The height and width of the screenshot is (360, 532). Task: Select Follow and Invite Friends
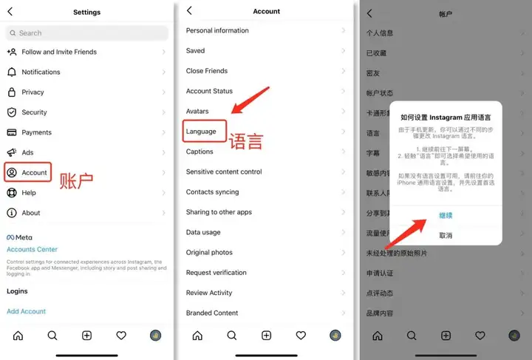[x=59, y=52]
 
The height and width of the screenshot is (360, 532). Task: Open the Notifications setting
[x=41, y=72]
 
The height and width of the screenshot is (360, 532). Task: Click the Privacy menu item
[x=33, y=92]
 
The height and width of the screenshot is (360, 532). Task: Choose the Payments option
[x=36, y=132]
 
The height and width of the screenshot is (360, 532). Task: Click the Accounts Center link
[x=32, y=249]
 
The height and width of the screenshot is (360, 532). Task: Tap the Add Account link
[x=26, y=311]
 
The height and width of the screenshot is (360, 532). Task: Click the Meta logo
[x=19, y=237]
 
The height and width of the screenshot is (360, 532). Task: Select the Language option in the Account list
[x=202, y=132]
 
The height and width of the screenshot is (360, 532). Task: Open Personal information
[x=217, y=31]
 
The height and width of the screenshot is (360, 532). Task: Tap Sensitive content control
[x=224, y=171]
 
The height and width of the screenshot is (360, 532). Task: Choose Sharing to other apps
[x=219, y=212]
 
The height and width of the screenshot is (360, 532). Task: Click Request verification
[x=216, y=273]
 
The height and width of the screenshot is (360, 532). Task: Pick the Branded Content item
[x=212, y=313]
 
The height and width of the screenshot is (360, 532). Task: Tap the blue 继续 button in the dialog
[x=446, y=215]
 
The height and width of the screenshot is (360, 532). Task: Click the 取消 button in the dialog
[x=446, y=235]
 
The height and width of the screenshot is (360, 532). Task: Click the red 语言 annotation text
[x=245, y=141]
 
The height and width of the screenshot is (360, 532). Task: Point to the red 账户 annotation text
[x=76, y=181]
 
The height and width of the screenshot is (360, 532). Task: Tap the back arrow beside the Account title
[x=189, y=11]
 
